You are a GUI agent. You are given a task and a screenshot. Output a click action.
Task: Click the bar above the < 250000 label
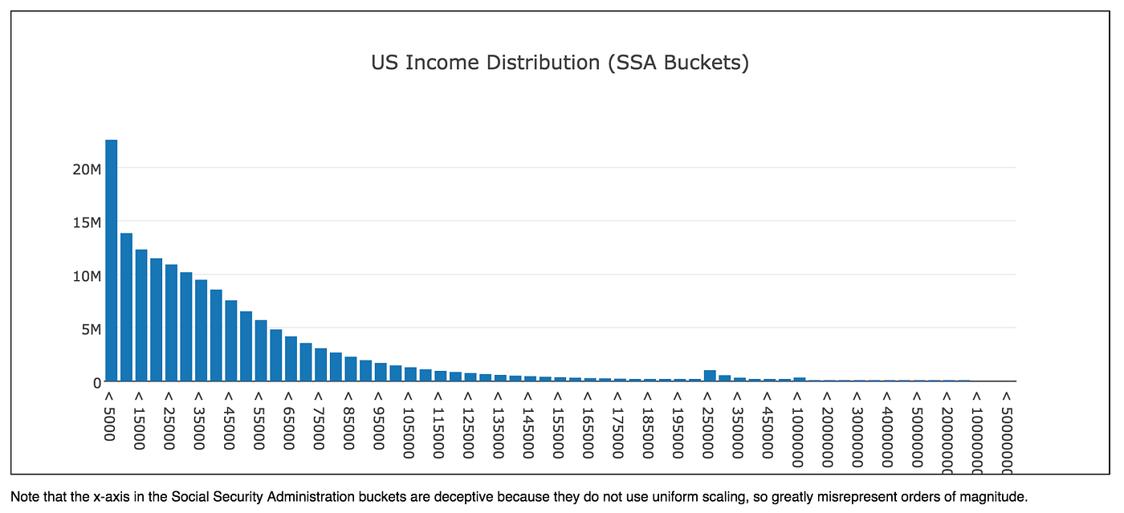(710, 376)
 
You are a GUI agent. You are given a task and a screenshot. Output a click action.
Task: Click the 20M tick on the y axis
(85, 169)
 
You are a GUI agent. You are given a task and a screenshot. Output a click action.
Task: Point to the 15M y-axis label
(85, 222)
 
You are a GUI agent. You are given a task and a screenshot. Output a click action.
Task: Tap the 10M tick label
(85, 275)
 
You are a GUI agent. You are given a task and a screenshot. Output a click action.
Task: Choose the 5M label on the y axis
(88, 329)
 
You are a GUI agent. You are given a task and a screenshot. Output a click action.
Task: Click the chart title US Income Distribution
(560, 63)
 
